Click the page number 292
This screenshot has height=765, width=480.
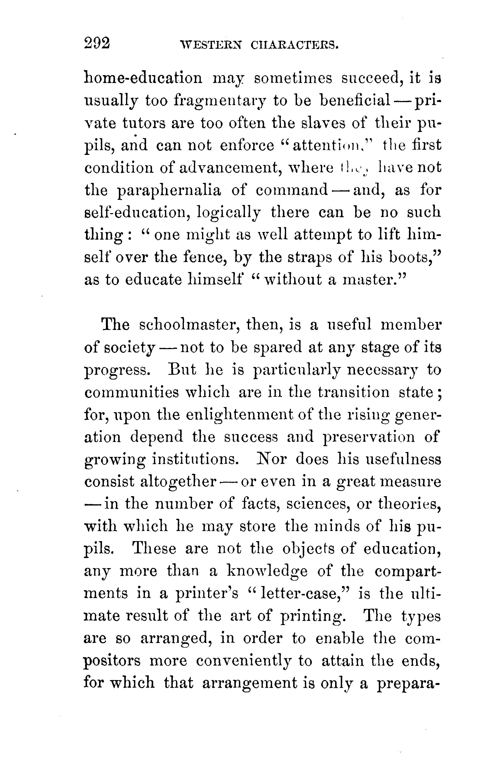pos(97,43)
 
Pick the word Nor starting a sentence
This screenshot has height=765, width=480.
pos(271,459)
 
